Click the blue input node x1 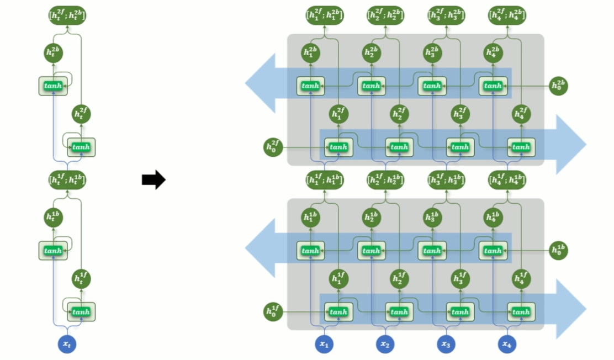point(324,344)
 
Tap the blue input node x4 point(506,344)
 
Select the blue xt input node point(67,345)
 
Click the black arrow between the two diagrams point(153,179)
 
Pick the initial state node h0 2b point(559,86)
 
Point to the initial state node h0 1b point(559,250)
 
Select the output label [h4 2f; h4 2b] point(507,15)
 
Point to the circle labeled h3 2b point(432,53)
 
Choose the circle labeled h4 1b point(493,217)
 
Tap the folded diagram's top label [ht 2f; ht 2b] point(67,15)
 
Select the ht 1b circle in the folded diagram point(54,217)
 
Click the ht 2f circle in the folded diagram point(82,114)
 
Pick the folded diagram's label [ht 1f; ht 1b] point(67,179)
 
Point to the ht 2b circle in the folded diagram point(54,53)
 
